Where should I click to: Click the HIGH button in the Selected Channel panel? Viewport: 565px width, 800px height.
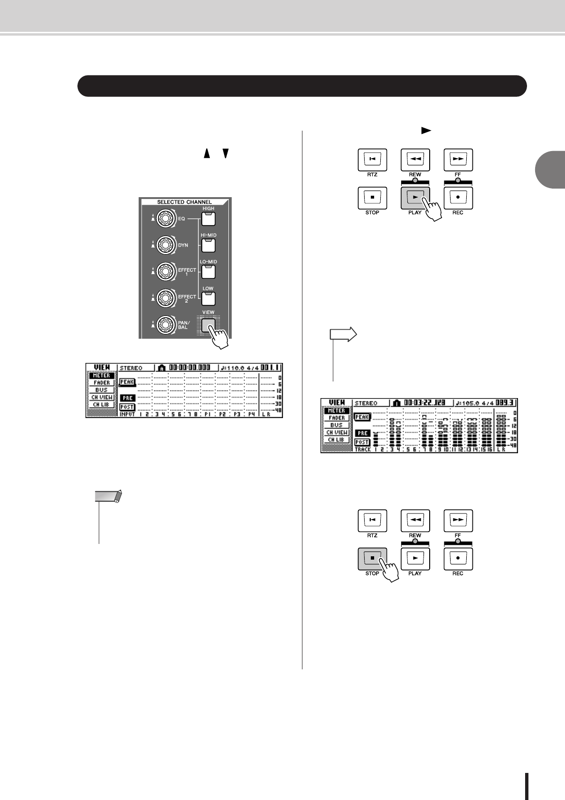click(x=208, y=219)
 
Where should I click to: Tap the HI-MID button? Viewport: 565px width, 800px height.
click(x=208, y=245)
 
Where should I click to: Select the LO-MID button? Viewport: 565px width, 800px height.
click(x=208, y=272)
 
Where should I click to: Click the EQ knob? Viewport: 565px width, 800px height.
click(x=164, y=219)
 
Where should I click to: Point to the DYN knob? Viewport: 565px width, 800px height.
click(x=164, y=245)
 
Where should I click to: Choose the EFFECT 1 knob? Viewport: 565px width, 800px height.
click(x=164, y=272)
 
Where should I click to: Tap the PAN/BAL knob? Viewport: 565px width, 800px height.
click(x=164, y=325)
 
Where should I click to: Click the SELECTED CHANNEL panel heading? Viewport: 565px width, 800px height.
click(x=184, y=202)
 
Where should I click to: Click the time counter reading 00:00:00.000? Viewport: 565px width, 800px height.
click(x=189, y=368)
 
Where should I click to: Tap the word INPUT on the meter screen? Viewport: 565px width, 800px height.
click(x=127, y=414)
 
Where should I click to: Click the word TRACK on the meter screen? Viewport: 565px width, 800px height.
click(x=362, y=449)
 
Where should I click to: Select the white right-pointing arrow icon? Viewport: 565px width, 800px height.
click(x=343, y=334)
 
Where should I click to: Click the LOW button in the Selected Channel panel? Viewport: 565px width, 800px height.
click(x=208, y=298)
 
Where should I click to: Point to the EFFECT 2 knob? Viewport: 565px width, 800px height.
click(x=164, y=298)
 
